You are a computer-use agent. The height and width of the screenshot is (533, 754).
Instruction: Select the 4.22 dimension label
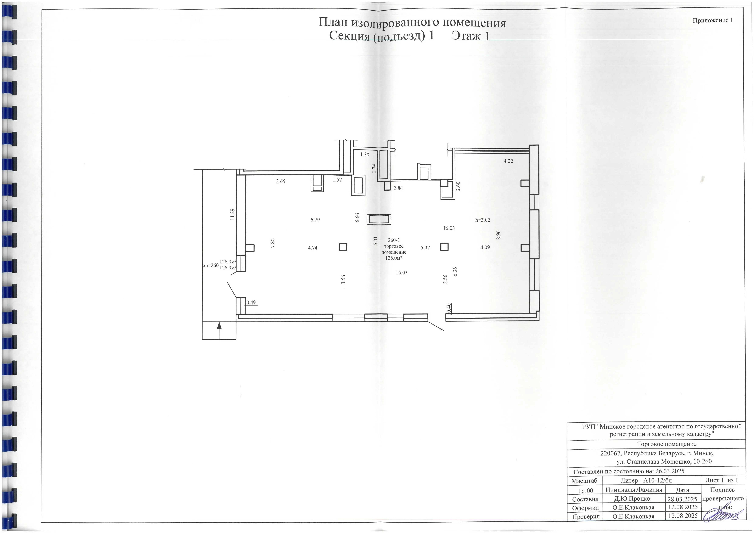[x=508, y=161]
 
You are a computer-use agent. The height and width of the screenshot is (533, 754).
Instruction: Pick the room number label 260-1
[x=394, y=240]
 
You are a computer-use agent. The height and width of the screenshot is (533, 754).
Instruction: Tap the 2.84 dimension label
[x=398, y=188]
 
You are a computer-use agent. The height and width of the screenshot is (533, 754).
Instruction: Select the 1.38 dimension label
[x=365, y=154]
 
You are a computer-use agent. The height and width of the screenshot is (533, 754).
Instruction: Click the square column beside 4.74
[x=342, y=247]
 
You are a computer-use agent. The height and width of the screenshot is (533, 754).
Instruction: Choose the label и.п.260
[x=211, y=265]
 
